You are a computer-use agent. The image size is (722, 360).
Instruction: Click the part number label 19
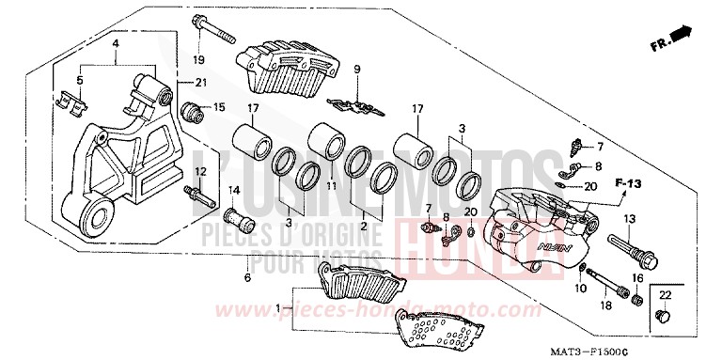click(199, 60)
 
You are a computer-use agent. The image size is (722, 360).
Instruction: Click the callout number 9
click(357, 70)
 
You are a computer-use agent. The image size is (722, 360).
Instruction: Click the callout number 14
click(236, 191)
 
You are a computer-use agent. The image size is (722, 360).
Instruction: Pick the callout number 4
click(115, 44)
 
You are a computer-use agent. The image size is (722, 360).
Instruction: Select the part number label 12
click(200, 171)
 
